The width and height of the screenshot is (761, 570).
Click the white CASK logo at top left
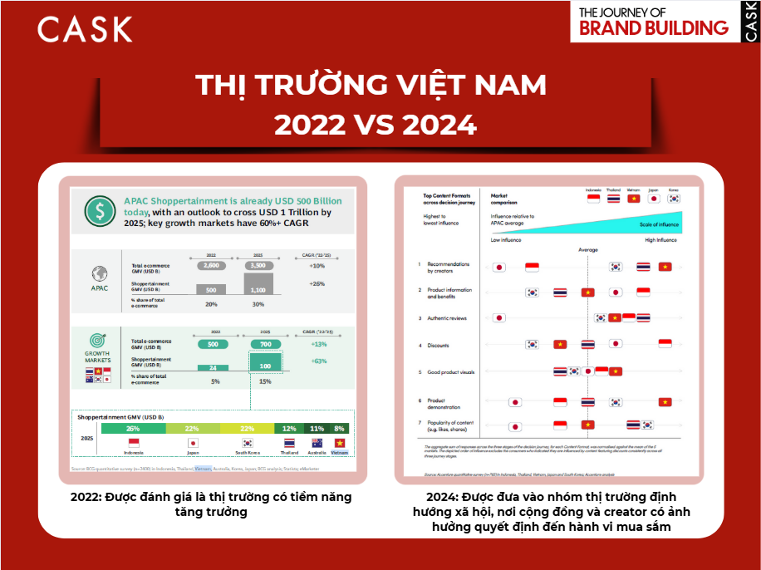pyautogui.click(x=85, y=29)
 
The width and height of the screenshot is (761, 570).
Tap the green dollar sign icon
pyautogui.click(x=101, y=211)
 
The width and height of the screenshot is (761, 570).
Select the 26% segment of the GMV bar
pyautogui.click(x=133, y=429)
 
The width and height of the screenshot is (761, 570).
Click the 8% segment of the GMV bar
pyautogui.click(x=340, y=429)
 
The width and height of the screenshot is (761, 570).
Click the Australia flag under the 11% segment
pyautogui.click(x=316, y=444)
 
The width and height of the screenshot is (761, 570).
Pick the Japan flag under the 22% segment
pyautogui.click(x=191, y=444)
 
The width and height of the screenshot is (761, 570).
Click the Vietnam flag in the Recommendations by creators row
pyautogui.click(x=665, y=267)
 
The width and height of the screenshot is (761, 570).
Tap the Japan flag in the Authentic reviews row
pyautogui.click(x=498, y=317)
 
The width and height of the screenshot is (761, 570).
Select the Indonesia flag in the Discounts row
pyautogui.click(x=665, y=343)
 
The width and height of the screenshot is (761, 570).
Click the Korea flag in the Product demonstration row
pyautogui.click(x=615, y=402)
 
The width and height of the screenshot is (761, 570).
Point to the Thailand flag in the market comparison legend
pyautogui.click(x=613, y=199)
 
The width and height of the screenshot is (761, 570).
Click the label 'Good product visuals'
pyautogui.click(x=451, y=372)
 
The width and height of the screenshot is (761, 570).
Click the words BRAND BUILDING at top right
pyautogui.click(x=653, y=27)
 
